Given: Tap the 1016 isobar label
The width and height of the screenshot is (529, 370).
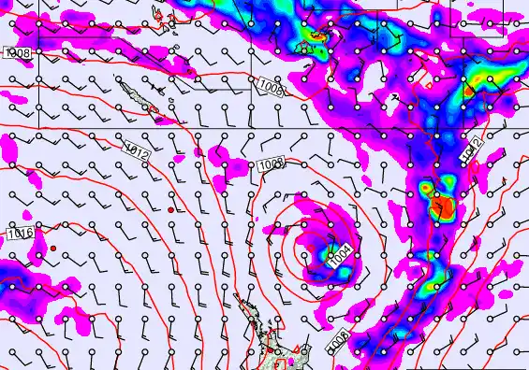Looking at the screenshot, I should coord(19,233).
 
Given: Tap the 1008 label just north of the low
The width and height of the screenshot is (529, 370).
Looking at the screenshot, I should coord(271,165).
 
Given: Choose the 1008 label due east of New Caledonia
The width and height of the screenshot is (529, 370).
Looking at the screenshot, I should coord(271,87).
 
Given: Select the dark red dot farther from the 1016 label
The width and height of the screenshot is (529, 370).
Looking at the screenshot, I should coord(170,210).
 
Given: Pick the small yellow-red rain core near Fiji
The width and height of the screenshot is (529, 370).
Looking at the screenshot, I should coord(316,39).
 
